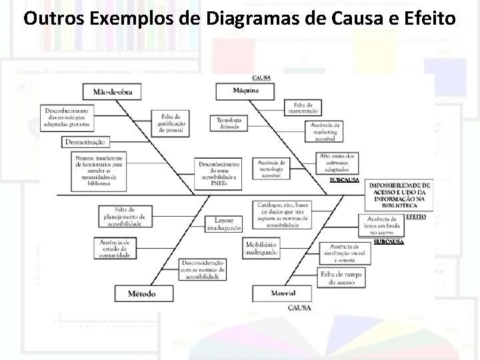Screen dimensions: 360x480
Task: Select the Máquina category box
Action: tap(246, 91)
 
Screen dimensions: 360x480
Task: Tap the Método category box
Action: tap(142, 293)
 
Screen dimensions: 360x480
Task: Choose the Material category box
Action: tap(283, 293)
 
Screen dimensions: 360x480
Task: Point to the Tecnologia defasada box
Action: tap(229, 123)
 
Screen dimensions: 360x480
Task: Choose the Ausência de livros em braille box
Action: tap(381, 226)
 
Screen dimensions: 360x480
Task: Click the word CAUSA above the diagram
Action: tap(261, 78)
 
